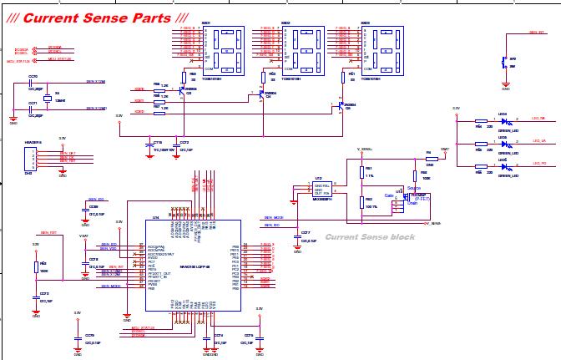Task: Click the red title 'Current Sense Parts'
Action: (x=97, y=18)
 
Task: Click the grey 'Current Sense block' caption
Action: (x=369, y=237)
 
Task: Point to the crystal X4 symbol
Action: (x=48, y=99)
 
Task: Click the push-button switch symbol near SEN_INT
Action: (x=503, y=63)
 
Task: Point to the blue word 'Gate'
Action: (x=388, y=195)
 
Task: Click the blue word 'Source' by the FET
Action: (x=412, y=187)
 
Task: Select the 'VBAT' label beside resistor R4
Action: (x=444, y=148)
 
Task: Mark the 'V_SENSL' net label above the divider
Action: (x=364, y=149)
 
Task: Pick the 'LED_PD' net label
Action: (x=538, y=165)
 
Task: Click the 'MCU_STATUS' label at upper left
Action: (x=18, y=61)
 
